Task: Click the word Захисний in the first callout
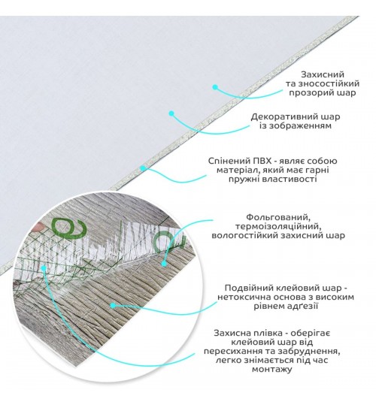click(x=323, y=74)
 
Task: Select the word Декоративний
click(x=282, y=116)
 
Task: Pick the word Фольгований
click(x=278, y=217)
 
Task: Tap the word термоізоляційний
click(x=277, y=226)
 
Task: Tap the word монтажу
click(x=271, y=370)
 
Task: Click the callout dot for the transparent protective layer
click(x=215, y=87)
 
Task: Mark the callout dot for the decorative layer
click(x=171, y=113)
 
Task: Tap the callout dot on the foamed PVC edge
click(x=143, y=168)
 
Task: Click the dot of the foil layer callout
click(x=164, y=264)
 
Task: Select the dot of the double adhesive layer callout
click(x=113, y=306)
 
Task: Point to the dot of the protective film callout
click(x=44, y=267)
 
